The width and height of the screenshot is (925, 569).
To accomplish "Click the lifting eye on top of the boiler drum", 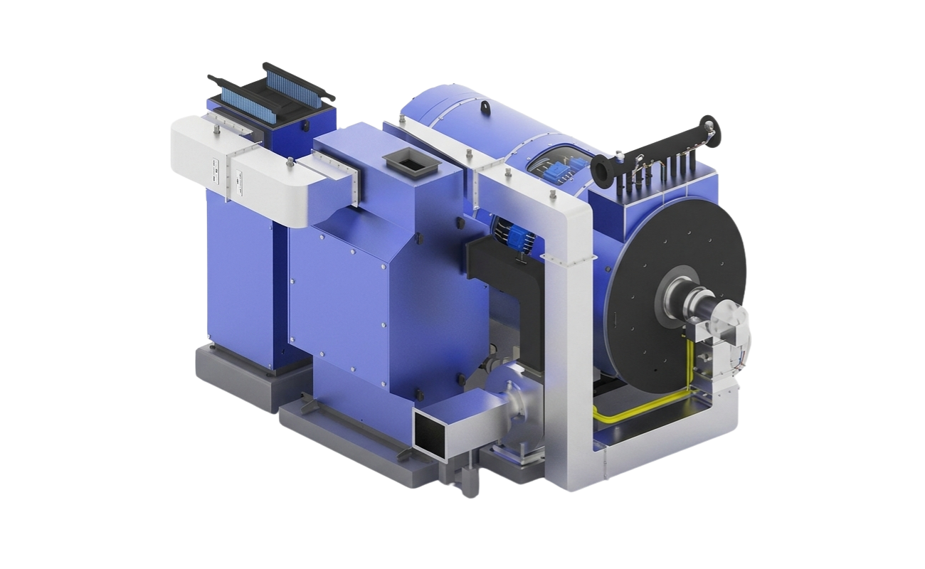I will coord(486,107).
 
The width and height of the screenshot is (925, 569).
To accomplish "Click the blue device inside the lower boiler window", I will coord(513,236).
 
